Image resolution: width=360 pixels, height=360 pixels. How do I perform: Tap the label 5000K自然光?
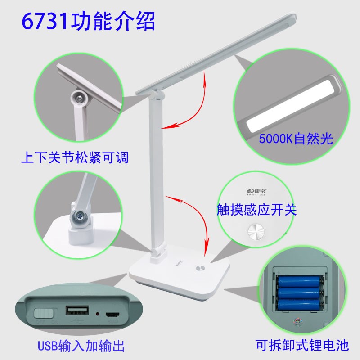point(295,138)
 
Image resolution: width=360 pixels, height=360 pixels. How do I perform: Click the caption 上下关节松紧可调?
point(75,158)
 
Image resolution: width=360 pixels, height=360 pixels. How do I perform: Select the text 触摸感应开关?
point(256,210)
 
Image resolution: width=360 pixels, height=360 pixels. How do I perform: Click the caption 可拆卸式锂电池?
point(302,346)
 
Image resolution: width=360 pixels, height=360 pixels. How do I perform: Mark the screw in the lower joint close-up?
point(80,217)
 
